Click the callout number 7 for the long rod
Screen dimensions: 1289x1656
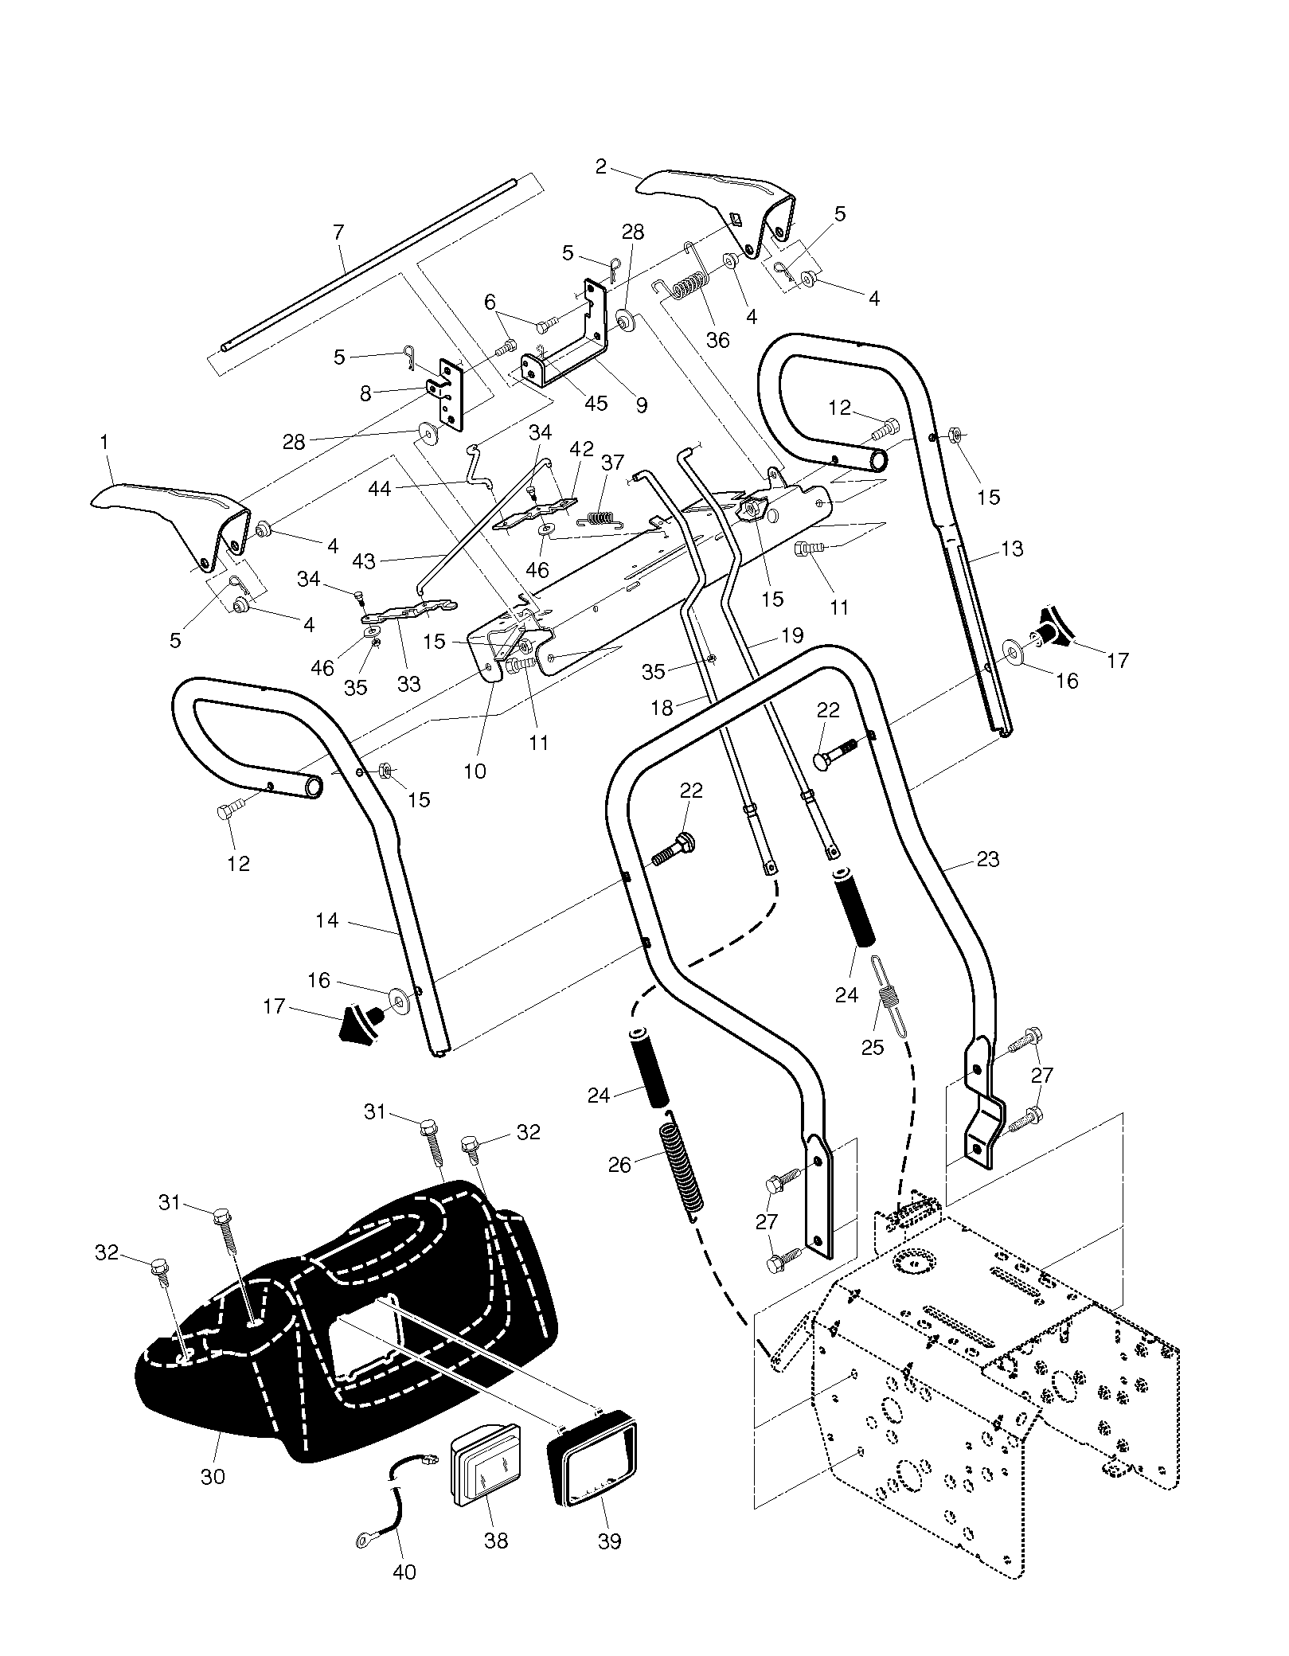(x=339, y=232)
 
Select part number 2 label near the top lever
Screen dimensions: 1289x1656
(x=601, y=166)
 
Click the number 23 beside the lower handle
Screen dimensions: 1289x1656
(x=987, y=860)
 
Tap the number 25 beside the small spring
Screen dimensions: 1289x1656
(x=873, y=1047)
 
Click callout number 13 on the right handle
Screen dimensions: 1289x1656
(x=1011, y=549)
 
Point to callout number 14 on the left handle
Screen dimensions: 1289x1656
(x=326, y=920)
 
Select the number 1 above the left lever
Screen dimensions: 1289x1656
(x=104, y=440)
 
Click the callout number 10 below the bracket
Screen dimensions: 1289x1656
(x=475, y=771)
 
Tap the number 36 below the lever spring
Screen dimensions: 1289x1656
(x=717, y=340)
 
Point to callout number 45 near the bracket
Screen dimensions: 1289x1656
(x=596, y=403)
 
